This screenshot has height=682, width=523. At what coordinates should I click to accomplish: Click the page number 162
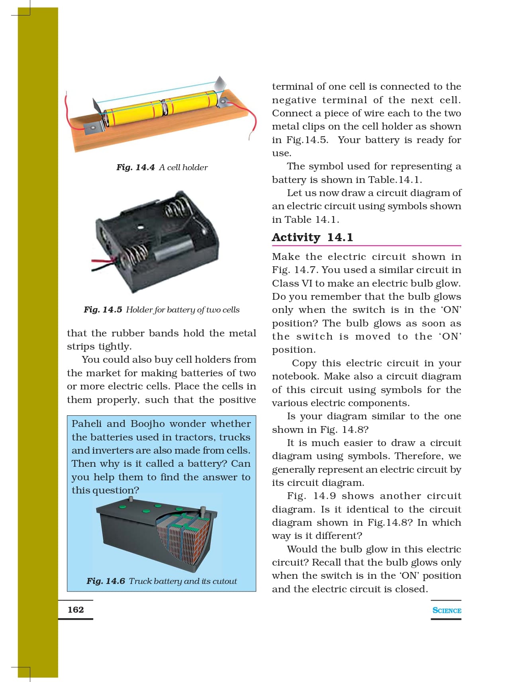coord(76,609)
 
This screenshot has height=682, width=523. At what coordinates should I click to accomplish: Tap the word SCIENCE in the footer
coord(447,610)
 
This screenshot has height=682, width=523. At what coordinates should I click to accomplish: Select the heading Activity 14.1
coord(312,238)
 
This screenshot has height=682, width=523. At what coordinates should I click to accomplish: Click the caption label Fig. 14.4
coord(135,167)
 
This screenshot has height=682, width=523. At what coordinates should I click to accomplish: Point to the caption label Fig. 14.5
coord(103,310)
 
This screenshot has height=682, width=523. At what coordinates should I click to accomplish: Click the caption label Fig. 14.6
coord(106,581)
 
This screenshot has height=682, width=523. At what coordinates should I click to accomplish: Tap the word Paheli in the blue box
coord(86,424)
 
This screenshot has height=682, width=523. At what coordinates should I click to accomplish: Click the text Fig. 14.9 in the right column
coord(311,496)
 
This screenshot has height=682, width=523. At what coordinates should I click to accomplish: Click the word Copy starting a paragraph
coord(304,363)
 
